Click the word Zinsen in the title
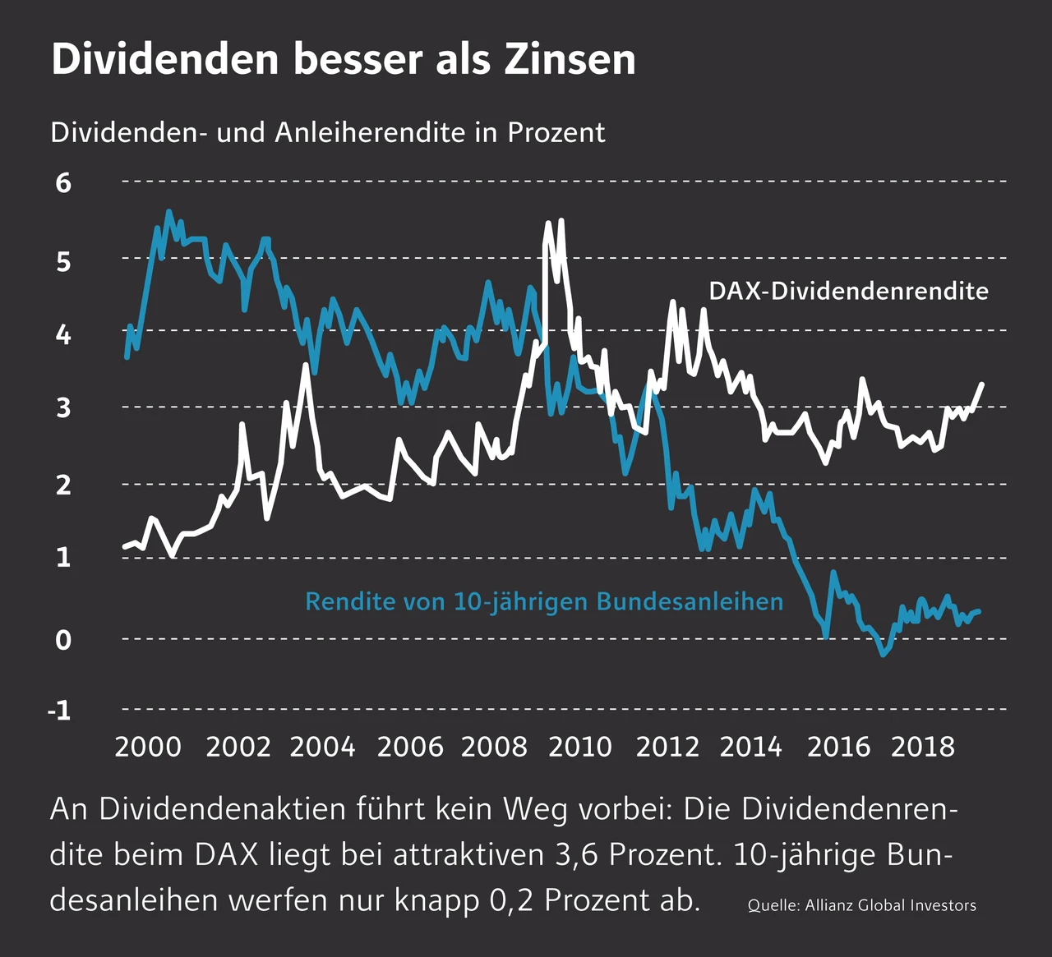[x=570, y=59]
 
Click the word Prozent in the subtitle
[x=556, y=132]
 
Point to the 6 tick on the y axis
[x=63, y=182]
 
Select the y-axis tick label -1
[x=59, y=710]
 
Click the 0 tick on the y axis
[x=63, y=639]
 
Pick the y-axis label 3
[x=63, y=407]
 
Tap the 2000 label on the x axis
[x=148, y=747]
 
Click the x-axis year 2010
[x=580, y=747]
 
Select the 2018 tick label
[x=923, y=747]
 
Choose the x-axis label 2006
[x=409, y=747]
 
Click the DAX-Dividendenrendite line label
[x=848, y=291]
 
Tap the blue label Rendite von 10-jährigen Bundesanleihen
[x=543, y=602]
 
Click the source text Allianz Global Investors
[x=890, y=905]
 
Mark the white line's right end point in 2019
[x=981, y=384]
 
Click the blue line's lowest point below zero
[x=884, y=654]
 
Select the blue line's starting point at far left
[x=127, y=357]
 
